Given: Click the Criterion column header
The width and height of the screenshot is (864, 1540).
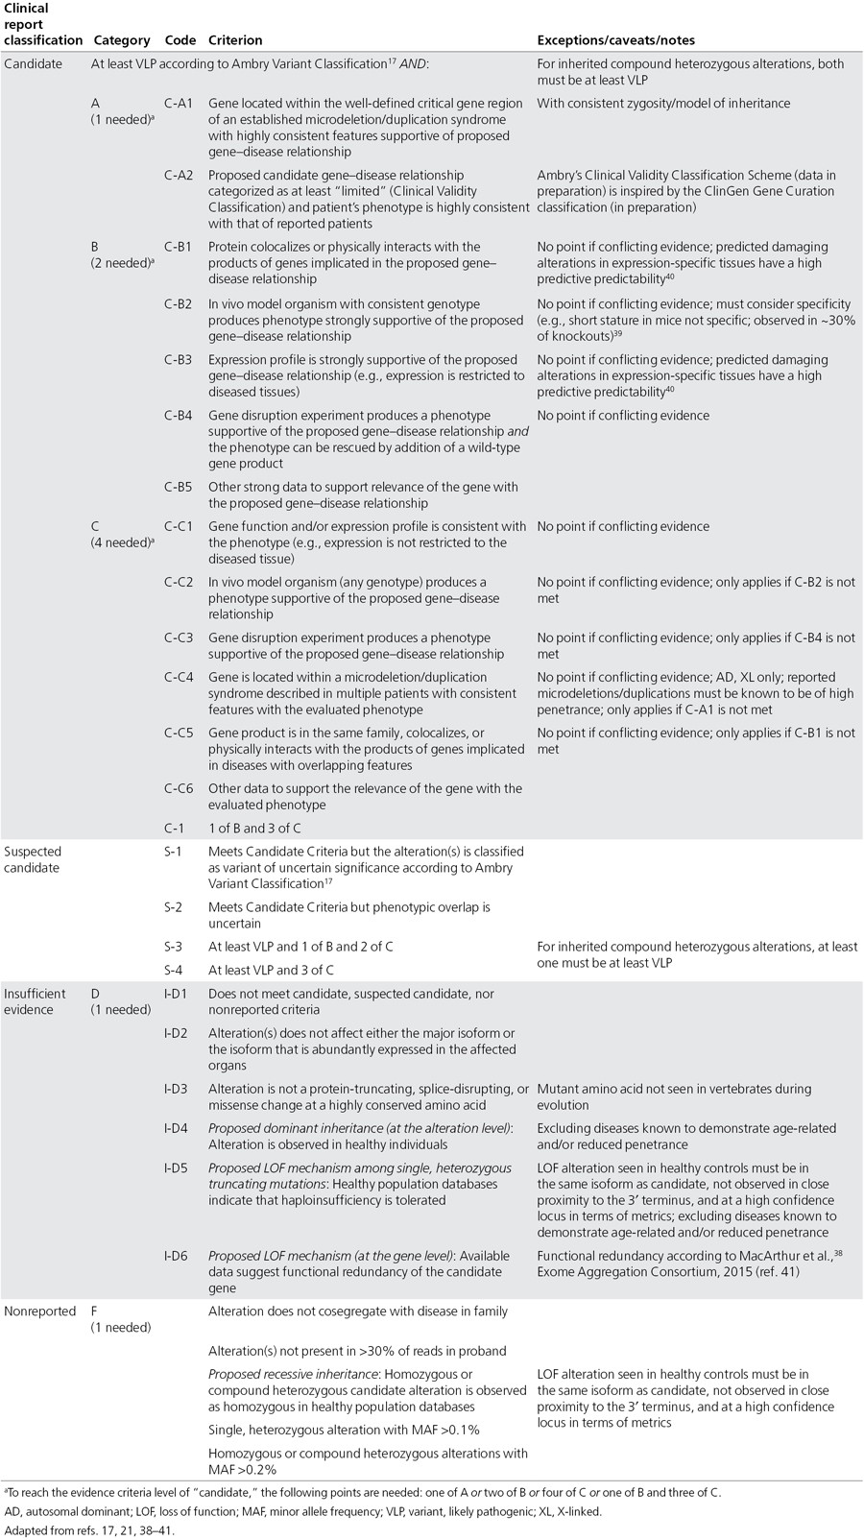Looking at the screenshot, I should pos(235,40).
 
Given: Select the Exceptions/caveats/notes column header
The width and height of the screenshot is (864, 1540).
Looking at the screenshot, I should pos(615,40).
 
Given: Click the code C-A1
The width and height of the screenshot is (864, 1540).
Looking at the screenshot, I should pos(179,103).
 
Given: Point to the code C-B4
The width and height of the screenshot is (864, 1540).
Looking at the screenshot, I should pos(179,416).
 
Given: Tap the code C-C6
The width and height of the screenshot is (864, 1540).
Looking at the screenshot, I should pos(179,788).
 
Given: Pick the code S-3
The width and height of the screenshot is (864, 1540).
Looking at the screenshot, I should pos(175,947).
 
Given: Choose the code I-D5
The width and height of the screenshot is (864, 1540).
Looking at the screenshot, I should pos(176,1168).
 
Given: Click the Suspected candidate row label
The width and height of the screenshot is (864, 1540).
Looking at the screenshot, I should pos(33,859).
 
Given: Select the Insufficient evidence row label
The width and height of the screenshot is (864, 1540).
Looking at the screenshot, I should pos(36,1001).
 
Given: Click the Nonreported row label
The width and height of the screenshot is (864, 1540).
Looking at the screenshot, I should pos(40,1311).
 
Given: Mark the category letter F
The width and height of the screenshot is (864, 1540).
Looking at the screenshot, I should pos(95,1311).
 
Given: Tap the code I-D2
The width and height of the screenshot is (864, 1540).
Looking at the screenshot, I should pos(176,1033).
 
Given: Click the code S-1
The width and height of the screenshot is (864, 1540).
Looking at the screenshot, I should pos(175,852).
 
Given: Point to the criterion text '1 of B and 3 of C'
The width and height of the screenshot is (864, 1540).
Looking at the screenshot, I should pos(254,828).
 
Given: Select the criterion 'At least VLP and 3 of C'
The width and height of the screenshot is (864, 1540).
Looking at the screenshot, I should pos(272,971).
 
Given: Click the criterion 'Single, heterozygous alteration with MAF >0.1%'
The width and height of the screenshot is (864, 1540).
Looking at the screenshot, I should pos(344,1431).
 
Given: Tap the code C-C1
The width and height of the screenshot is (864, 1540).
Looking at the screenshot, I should pos(179,526).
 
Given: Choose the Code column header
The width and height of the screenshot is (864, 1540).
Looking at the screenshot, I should pos(180,40).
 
